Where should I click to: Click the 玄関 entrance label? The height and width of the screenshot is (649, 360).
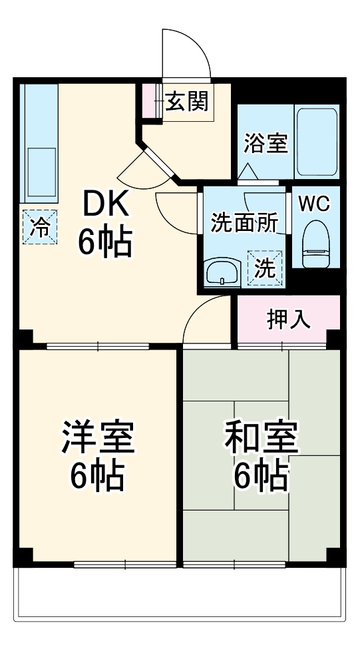(x=187, y=102)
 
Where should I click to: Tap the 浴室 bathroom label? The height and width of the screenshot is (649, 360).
(x=266, y=142)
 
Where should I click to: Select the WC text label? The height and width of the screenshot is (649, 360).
(x=314, y=204)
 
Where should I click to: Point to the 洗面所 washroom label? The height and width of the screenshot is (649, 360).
(x=244, y=224)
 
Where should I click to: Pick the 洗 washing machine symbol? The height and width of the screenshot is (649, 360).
(x=265, y=267)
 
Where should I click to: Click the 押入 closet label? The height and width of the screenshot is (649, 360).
(x=288, y=320)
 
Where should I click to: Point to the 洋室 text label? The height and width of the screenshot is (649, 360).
(x=98, y=437)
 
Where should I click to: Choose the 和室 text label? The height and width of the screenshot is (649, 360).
(x=261, y=437)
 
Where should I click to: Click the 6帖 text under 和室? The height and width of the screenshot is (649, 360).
(x=261, y=475)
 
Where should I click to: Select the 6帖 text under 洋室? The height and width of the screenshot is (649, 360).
(x=98, y=475)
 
